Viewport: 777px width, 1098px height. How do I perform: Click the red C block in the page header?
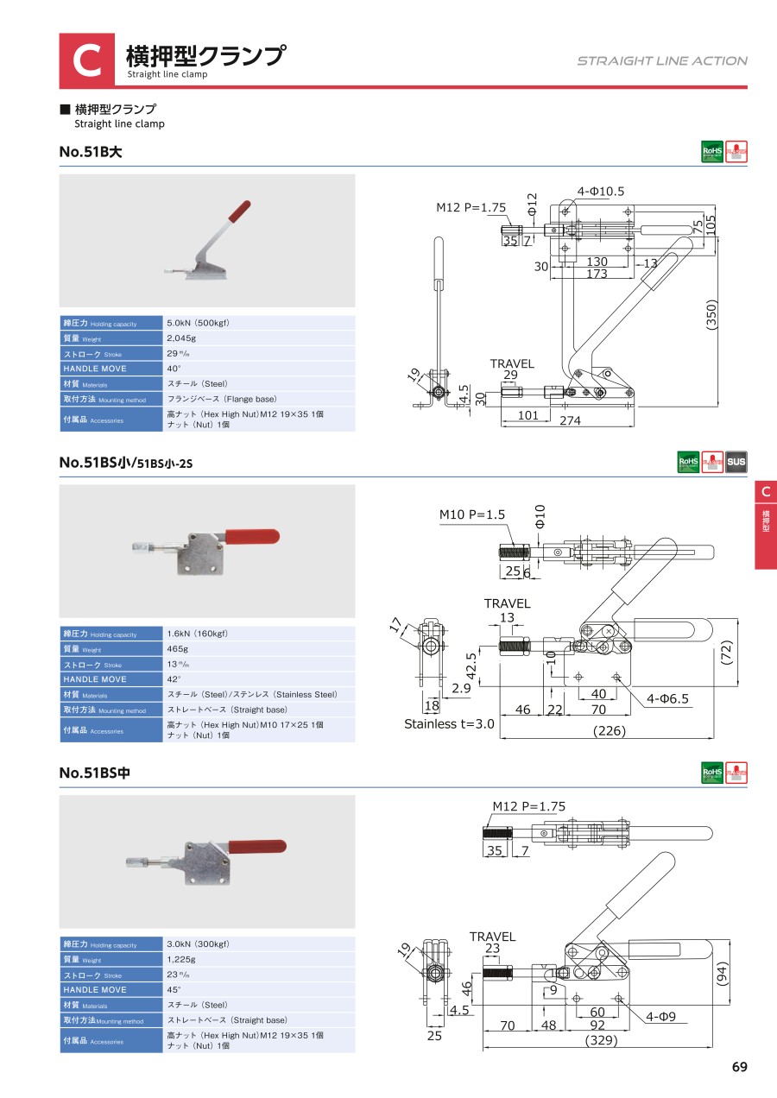pyautogui.click(x=86, y=60)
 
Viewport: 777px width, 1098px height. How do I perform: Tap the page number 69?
pyautogui.click(x=739, y=1067)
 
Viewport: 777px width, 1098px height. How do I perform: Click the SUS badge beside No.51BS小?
pyautogui.click(x=736, y=462)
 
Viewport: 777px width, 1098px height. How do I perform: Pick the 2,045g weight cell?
pyautogui.click(x=180, y=338)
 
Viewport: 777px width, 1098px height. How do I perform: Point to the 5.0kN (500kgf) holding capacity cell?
pyautogui.click(x=198, y=323)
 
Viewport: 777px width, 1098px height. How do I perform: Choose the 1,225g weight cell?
pyautogui.click(x=180, y=959)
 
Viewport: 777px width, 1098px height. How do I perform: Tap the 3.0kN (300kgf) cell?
pyautogui.click(x=198, y=944)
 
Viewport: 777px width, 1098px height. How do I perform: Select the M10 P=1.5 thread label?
pyautogui.click(x=472, y=514)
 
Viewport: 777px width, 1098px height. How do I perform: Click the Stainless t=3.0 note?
pyautogui.click(x=449, y=724)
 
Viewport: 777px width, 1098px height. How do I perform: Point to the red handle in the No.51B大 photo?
pyautogui.click(x=237, y=210)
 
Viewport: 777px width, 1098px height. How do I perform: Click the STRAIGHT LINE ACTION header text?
pyautogui.click(x=662, y=60)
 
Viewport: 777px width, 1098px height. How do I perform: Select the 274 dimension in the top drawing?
pyautogui.click(x=570, y=420)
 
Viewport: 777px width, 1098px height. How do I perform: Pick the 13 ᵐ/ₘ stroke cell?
pyautogui.click(x=179, y=664)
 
